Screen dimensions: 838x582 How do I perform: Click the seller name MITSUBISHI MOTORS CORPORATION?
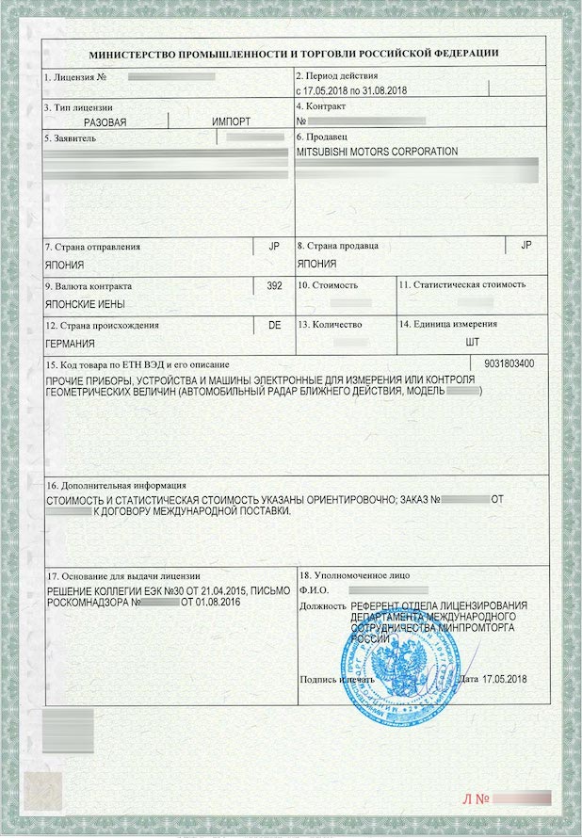click(x=377, y=152)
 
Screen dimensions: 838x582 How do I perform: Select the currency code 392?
click(x=274, y=284)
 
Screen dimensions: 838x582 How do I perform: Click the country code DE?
click(x=274, y=324)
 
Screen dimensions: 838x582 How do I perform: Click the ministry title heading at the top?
click(x=294, y=54)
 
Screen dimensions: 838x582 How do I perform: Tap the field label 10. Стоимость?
click(x=328, y=284)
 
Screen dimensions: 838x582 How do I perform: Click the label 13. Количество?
click(x=330, y=324)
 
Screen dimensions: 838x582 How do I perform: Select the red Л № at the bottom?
click(x=476, y=799)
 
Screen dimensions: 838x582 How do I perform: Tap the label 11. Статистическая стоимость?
click(x=461, y=284)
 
